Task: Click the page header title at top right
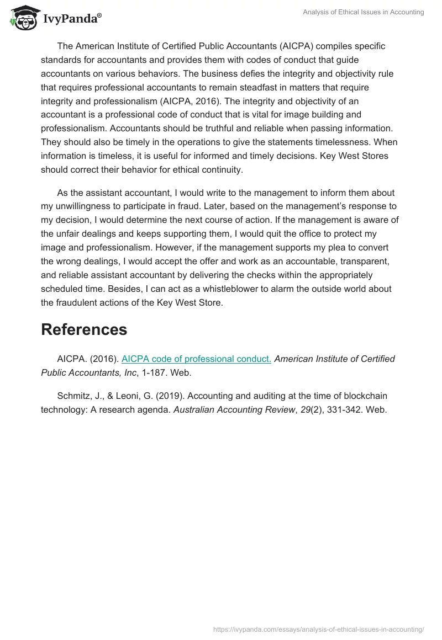(x=364, y=12)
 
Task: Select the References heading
(x=84, y=329)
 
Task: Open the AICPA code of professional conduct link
(x=196, y=359)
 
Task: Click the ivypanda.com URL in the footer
(x=318, y=628)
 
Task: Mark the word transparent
(x=348, y=261)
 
